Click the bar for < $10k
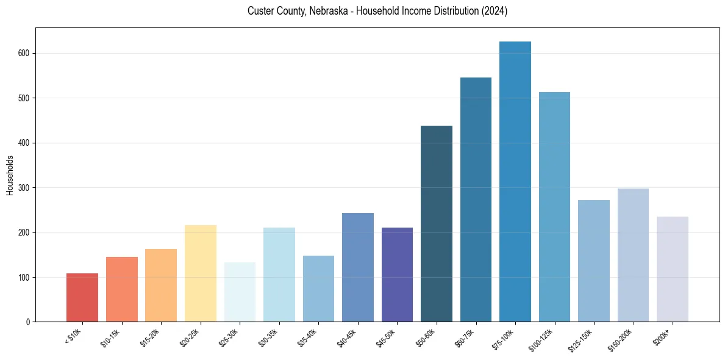[82, 298]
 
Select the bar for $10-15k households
[121, 289]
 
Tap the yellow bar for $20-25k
[200, 273]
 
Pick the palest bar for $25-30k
[240, 292]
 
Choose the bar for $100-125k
[554, 207]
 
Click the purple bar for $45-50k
[397, 275]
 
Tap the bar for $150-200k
[633, 255]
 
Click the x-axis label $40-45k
[347, 337]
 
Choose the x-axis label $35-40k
[308, 337]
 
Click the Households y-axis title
[10, 175]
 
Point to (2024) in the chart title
[495, 11]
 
